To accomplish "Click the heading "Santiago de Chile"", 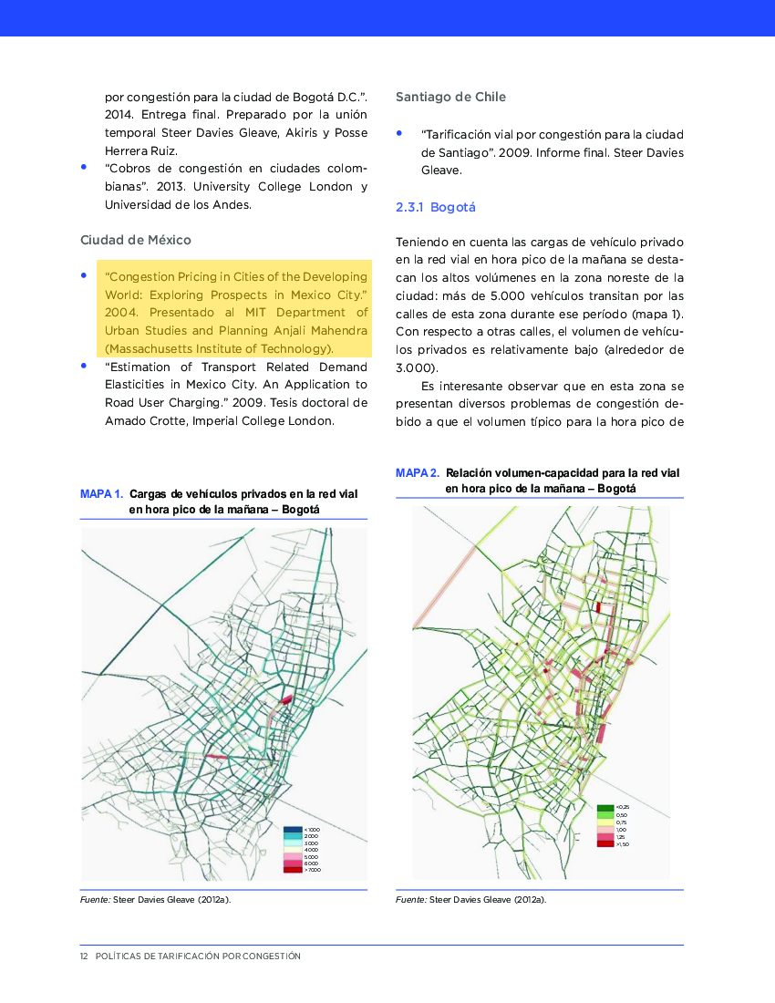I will (450, 97).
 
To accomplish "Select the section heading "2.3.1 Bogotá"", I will (436, 207).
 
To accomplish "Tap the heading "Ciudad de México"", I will (136, 240).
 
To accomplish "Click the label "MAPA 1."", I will (102, 494).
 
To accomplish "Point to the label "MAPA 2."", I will (418, 473).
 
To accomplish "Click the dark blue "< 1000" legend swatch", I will (292, 829).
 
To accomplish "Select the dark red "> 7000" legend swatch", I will (292, 870).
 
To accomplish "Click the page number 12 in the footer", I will (84, 956).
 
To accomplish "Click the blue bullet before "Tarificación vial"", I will (399, 133).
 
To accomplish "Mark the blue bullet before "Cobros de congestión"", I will (84, 167).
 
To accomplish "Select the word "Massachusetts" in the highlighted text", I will (150, 348).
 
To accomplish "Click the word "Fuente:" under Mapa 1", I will (95, 900).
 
